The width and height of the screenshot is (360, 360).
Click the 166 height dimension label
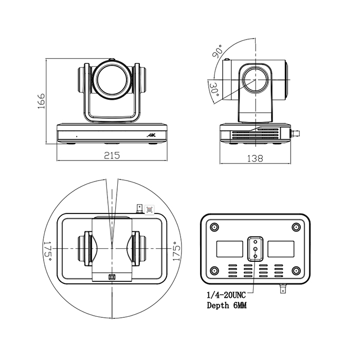coord(41,101)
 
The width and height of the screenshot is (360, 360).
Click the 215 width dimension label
coord(112,155)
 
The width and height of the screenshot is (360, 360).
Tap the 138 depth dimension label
coord(255,158)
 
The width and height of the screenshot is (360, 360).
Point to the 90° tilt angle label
coord(217,51)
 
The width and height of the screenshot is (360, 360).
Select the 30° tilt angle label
coord(214,89)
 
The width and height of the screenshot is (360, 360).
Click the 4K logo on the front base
coord(151,135)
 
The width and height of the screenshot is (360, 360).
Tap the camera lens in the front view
coord(112,79)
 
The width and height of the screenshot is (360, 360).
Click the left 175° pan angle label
coord(47,251)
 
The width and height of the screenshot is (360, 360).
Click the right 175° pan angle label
coord(176,251)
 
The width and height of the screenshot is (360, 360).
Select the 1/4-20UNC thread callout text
coord(226,295)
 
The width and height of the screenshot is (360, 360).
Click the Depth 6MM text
coord(227,305)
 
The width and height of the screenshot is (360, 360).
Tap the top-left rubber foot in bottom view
coord(214,227)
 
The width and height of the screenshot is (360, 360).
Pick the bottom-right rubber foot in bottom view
coord(296,271)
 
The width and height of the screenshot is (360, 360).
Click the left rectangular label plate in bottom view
coord(229,249)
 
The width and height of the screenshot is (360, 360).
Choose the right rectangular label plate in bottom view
coord(281,249)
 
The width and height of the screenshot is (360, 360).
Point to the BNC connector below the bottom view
coord(283,289)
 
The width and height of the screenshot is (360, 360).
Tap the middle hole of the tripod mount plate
coord(255,249)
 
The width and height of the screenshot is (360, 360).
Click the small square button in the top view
coord(112,277)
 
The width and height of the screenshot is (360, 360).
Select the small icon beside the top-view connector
coord(150,210)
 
